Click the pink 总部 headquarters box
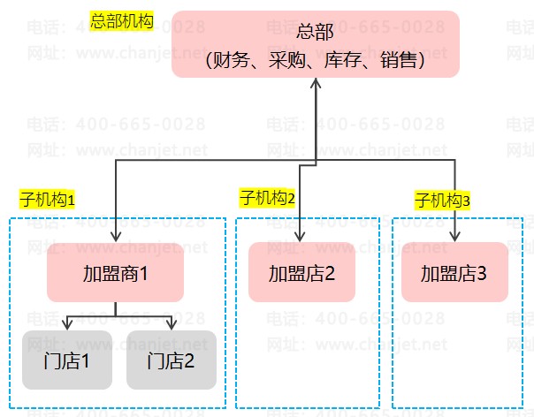(x=316, y=44)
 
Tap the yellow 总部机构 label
(x=122, y=19)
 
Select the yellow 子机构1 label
(x=48, y=200)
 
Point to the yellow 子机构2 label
(x=267, y=198)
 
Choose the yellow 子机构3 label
(x=443, y=200)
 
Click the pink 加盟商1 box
(x=115, y=273)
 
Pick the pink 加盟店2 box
(x=301, y=272)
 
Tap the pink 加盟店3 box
(x=454, y=272)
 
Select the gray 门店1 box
(x=66, y=360)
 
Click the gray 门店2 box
(x=171, y=360)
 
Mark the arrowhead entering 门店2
(x=172, y=325)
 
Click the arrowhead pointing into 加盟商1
(x=116, y=237)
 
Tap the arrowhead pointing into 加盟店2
(x=301, y=237)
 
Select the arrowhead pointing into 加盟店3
(x=454, y=237)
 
